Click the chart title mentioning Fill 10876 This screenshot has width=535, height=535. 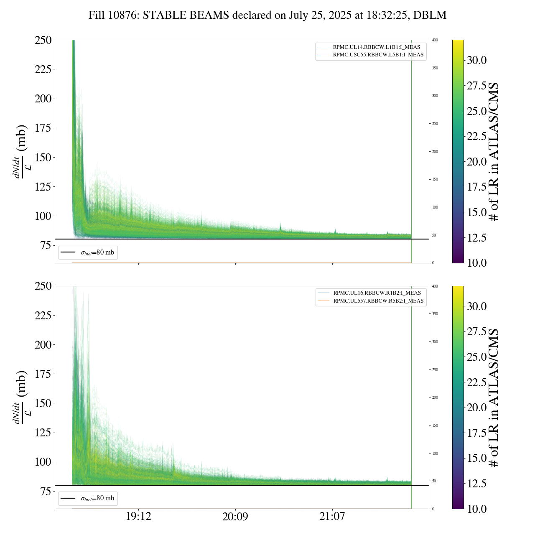pyautogui.click(x=267, y=15)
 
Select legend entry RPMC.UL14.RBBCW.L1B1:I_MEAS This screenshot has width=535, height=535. pyautogui.click(x=376, y=47)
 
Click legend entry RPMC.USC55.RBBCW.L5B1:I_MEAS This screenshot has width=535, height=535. pyautogui.click(x=378, y=55)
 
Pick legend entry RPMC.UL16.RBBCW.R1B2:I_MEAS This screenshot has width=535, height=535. pyautogui.click(x=377, y=293)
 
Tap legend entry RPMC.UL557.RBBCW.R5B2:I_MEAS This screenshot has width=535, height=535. pyautogui.click(x=378, y=301)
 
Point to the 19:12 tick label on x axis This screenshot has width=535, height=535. pyautogui.click(x=138, y=517)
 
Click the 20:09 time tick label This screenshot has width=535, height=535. pyautogui.click(x=235, y=517)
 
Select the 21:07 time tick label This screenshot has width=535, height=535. pyautogui.click(x=332, y=517)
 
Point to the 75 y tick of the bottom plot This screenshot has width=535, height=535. pyautogui.click(x=44, y=492)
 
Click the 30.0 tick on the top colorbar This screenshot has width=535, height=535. pyautogui.click(x=477, y=60)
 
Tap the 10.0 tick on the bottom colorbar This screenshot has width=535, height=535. pyautogui.click(x=477, y=509)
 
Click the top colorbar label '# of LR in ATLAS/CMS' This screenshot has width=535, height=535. pyautogui.click(x=494, y=151)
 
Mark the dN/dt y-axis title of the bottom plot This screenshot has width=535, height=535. pyautogui.click(x=21, y=397)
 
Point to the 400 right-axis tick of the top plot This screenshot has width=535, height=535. pyautogui.click(x=435, y=40)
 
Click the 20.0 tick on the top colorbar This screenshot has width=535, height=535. pyautogui.click(x=477, y=162)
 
